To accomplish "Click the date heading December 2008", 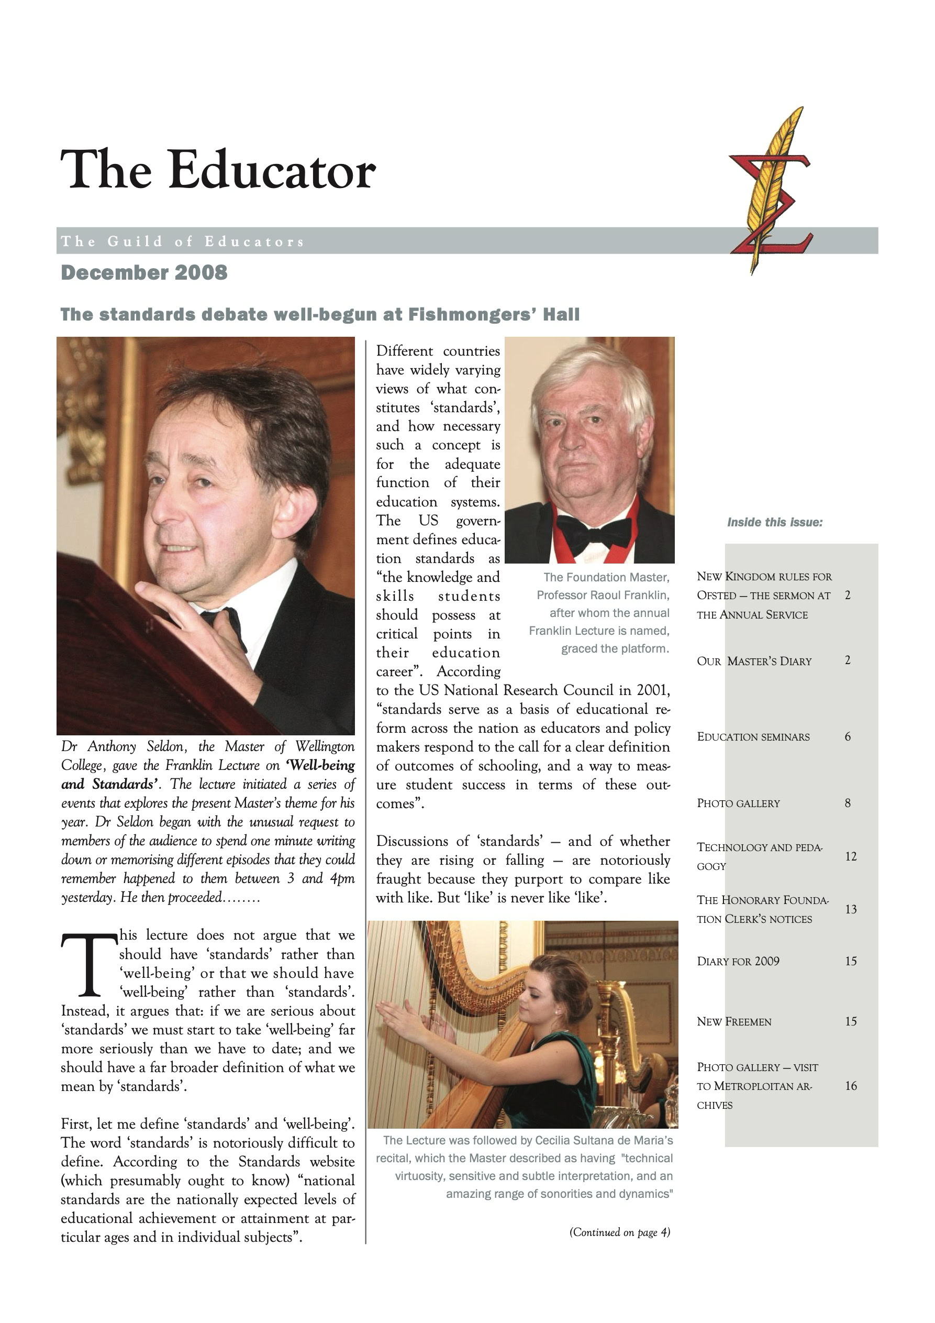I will coord(144,272).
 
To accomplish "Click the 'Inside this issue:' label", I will coord(774,523).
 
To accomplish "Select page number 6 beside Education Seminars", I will coord(848,736).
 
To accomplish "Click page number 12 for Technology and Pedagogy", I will coord(851,856).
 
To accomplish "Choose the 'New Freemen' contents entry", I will coord(734,1022).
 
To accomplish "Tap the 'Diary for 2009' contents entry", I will coord(738,961).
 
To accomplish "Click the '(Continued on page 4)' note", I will coord(619,1232).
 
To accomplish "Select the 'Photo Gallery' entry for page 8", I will coord(738,803).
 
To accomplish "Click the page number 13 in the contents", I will coord(851,909).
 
